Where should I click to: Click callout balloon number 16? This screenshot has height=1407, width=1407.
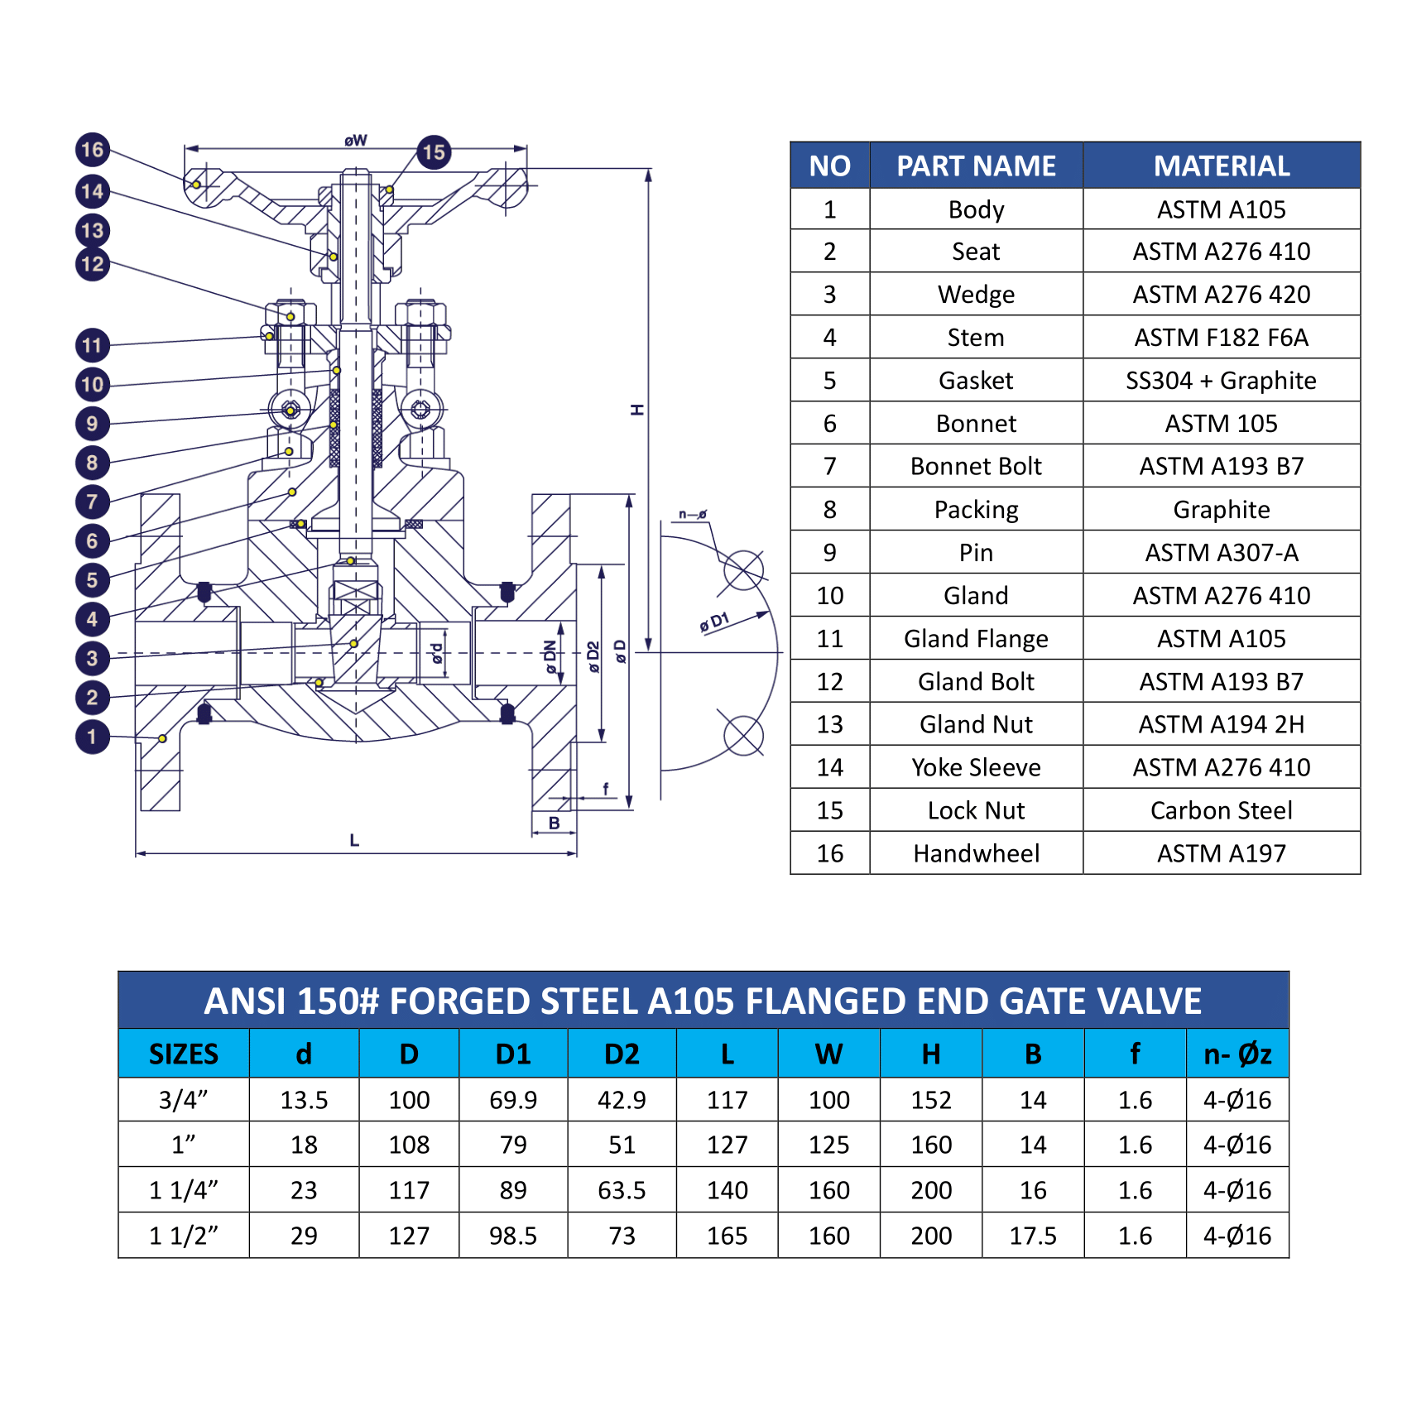point(93,150)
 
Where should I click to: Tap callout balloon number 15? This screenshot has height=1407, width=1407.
point(434,152)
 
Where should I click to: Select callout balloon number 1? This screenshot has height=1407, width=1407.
point(93,737)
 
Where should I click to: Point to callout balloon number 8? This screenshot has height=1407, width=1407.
point(93,463)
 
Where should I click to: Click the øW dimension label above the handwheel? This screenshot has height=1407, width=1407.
point(356,141)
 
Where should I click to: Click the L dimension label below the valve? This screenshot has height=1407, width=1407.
point(354,841)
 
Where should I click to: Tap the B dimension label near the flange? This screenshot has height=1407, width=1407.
point(555,824)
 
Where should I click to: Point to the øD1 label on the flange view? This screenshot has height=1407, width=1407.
point(714,622)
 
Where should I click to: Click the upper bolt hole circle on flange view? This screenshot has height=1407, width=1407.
point(743,570)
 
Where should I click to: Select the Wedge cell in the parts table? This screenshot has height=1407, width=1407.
point(976,295)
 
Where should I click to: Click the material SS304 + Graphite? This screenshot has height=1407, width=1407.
point(1221,381)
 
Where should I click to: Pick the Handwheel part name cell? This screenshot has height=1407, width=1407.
point(976,853)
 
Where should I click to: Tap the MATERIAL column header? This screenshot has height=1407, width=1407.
point(1221,166)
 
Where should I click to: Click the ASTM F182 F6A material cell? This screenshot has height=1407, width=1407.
point(1221,338)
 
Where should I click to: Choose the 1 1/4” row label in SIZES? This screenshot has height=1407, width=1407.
point(184,1190)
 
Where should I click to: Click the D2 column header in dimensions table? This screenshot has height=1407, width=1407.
point(622,1054)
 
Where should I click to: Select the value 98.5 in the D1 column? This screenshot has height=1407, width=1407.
point(513,1236)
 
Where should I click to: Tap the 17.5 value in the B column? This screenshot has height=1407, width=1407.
point(1033,1236)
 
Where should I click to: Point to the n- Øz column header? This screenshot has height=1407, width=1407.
point(1237,1054)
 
